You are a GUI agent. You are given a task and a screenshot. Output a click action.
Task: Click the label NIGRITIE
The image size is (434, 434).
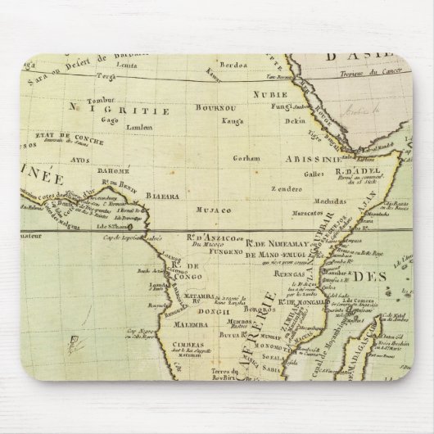tap(110, 108)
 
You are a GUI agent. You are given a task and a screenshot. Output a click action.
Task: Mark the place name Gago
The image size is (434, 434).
tap(84, 119)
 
